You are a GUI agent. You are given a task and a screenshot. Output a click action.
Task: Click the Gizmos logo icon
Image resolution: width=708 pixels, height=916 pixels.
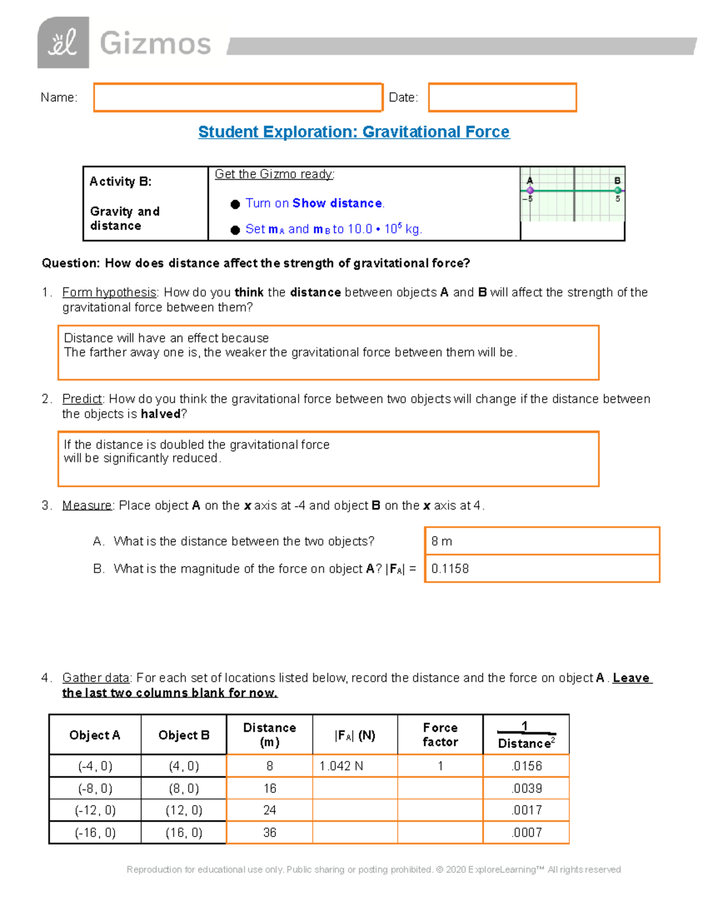click(x=63, y=42)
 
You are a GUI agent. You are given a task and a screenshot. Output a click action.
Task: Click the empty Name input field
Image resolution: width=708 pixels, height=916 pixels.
click(x=238, y=97)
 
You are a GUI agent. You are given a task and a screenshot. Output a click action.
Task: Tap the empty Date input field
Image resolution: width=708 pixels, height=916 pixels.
click(x=502, y=97)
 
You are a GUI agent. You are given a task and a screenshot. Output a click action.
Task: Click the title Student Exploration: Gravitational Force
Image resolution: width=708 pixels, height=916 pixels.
click(x=353, y=132)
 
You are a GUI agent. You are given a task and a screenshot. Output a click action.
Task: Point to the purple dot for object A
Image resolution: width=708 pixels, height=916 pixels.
click(x=530, y=191)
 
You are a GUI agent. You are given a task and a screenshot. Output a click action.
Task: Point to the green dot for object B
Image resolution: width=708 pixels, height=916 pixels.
click(x=618, y=191)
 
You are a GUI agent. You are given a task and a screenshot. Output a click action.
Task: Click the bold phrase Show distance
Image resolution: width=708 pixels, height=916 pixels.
click(x=337, y=203)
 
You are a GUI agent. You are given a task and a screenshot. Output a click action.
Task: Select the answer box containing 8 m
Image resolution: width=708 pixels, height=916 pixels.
click(x=541, y=541)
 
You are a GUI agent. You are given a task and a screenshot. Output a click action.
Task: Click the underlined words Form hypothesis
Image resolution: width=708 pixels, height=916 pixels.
click(x=109, y=293)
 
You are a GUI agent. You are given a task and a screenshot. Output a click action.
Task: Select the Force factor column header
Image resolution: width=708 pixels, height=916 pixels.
click(x=440, y=735)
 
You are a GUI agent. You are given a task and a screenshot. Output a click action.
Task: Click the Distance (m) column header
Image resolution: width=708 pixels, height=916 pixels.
click(x=270, y=735)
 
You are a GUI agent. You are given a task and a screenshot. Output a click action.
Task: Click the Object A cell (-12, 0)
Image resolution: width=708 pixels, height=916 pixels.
click(x=95, y=810)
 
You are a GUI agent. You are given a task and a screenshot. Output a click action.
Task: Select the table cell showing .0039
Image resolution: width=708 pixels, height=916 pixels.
click(x=526, y=789)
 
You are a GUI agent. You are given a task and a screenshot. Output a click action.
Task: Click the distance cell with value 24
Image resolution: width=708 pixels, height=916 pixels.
click(x=270, y=810)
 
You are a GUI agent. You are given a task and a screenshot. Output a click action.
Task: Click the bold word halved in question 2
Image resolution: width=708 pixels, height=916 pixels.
click(x=160, y=414)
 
